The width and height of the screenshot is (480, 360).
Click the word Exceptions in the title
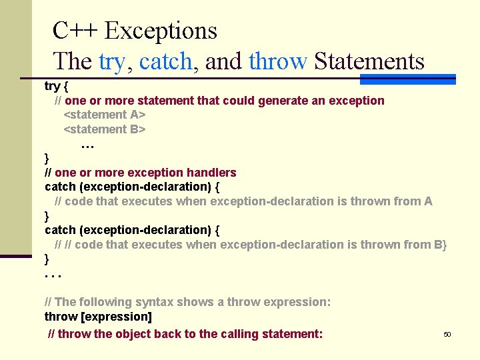point(161,31)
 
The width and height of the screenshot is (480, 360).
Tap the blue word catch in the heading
point(166,62)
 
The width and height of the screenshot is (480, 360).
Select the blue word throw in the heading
point(277,62)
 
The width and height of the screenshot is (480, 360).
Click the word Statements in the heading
point(369,62)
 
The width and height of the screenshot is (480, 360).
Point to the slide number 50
point(447,334)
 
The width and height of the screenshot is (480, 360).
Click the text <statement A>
point(105,115)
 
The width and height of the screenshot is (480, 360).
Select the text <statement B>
point(105,129)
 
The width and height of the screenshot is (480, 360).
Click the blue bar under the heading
point(407,79)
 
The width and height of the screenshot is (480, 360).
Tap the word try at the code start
point(52,86)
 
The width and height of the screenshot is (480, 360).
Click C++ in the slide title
point(75,31)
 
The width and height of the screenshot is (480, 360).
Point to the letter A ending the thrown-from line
point(428,201)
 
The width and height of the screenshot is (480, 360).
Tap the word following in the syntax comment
point(104,302)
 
